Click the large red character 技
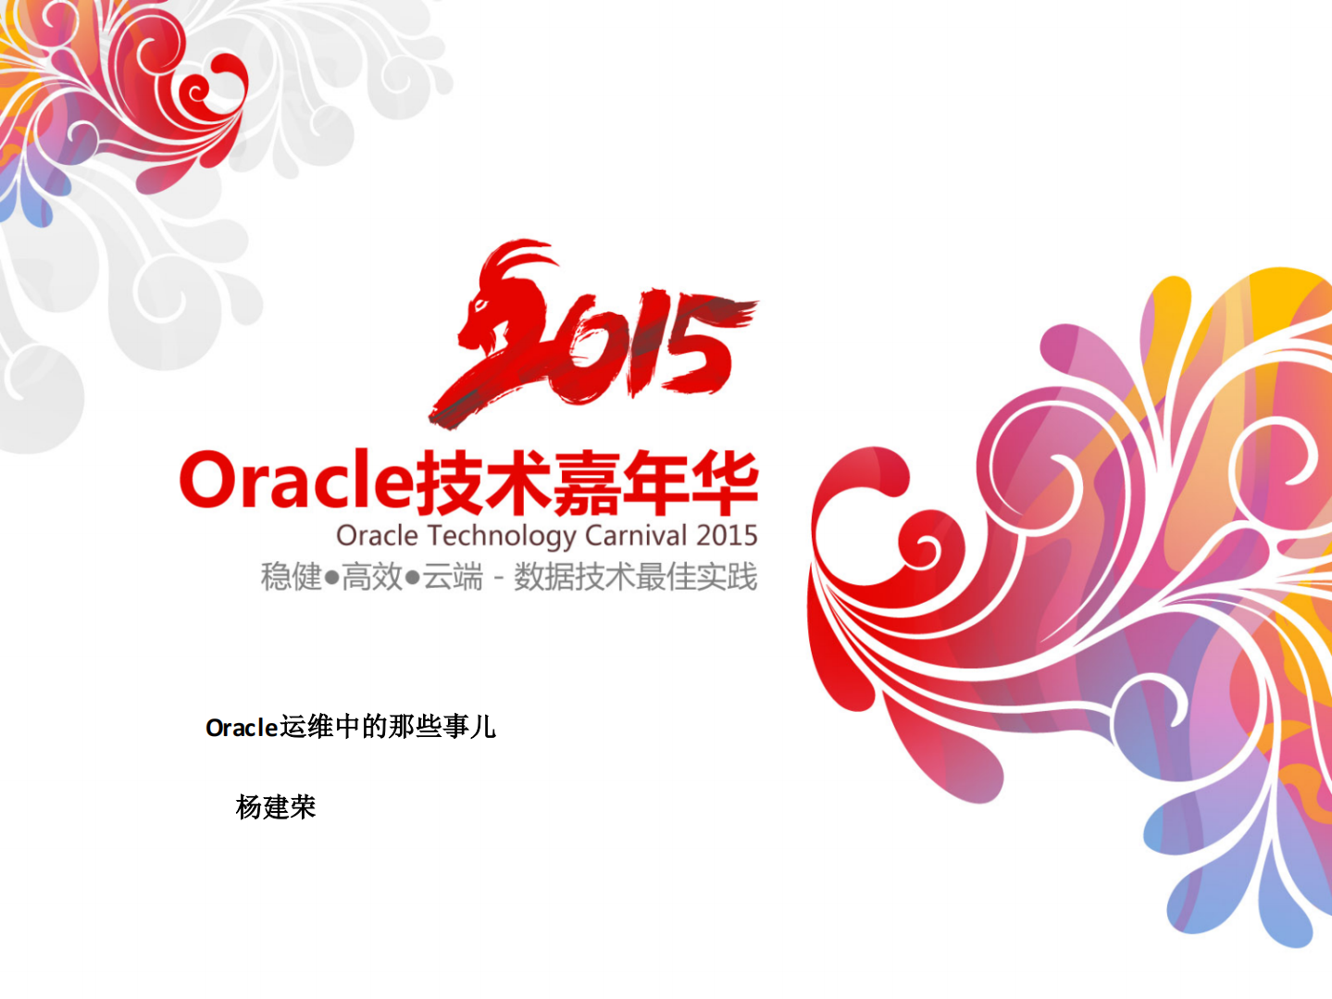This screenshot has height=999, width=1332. [x=448, y=481]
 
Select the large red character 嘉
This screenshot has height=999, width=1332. [x=586, y=481]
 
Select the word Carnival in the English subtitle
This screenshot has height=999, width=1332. [x=636, y=535]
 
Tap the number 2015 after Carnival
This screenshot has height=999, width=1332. [x=727, y=535]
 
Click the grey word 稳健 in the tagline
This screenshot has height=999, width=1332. [x=291, y=577]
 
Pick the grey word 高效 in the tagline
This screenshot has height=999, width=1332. [x=372, y=577]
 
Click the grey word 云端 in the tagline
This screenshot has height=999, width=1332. [x=453, y=577]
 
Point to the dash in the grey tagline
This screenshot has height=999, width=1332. [x=498, y=578]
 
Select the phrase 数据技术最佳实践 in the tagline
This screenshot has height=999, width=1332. [x=635, y=577]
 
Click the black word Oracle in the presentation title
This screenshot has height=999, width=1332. [x=242, y=728]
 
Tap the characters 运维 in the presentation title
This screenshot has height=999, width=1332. [x=306, y=727]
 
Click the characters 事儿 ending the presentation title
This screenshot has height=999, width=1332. [x=469, y=727]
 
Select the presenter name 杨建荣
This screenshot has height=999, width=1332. [x=276, y=806]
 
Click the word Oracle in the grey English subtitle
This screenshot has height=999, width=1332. [x=377, y=535]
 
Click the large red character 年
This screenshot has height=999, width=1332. [x=654, y=481]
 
